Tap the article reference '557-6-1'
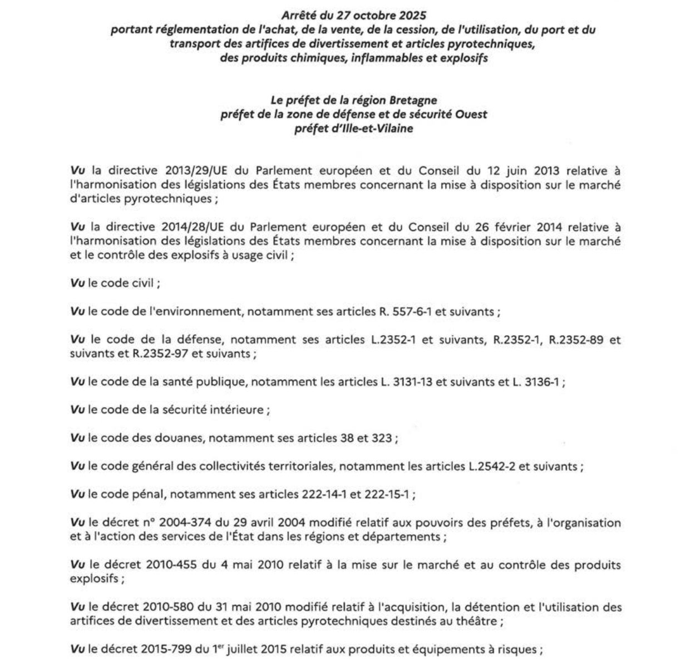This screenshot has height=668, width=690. [x=408, y=312]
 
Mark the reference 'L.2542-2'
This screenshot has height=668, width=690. [x=491, y=466]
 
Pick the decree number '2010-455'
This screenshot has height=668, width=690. [x=170, y=566]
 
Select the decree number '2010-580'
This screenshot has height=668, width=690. [x=169, y=607]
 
